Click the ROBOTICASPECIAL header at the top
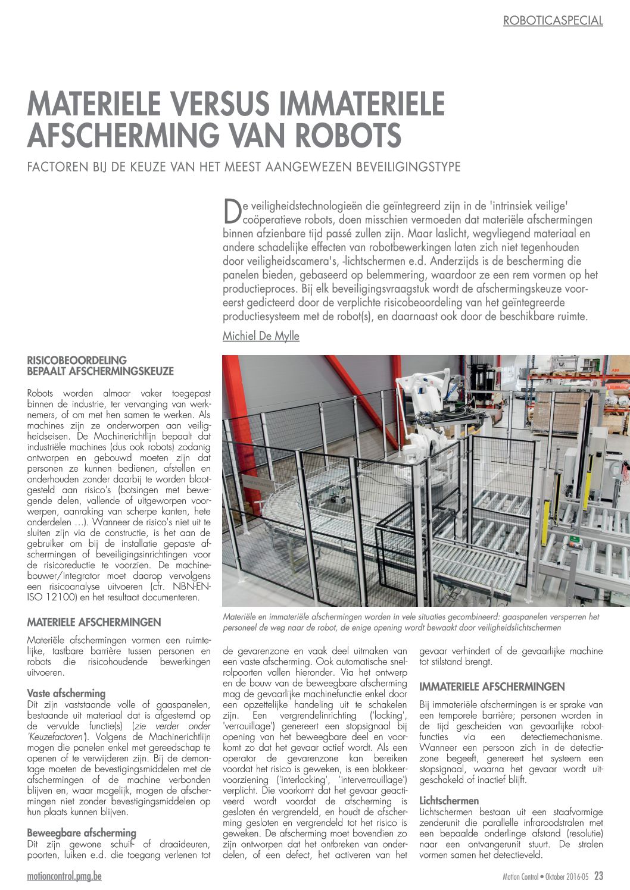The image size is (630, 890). click(x=553, y=21)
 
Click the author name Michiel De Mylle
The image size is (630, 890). click(x=261, y=336)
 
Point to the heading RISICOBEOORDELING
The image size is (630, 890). click(x=77, y=361)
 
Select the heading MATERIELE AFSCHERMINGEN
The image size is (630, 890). click(x=94, y=622)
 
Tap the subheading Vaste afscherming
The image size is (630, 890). click(x=66, y=693)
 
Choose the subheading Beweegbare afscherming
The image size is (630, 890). click(x=82, y=832)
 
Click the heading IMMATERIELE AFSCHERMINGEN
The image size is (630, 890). click(x=492, y=687)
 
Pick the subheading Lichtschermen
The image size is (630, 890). click(x=448, y=800)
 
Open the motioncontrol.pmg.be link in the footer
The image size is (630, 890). click(x=64, y=877)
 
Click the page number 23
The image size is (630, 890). click(x=598, y=876)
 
